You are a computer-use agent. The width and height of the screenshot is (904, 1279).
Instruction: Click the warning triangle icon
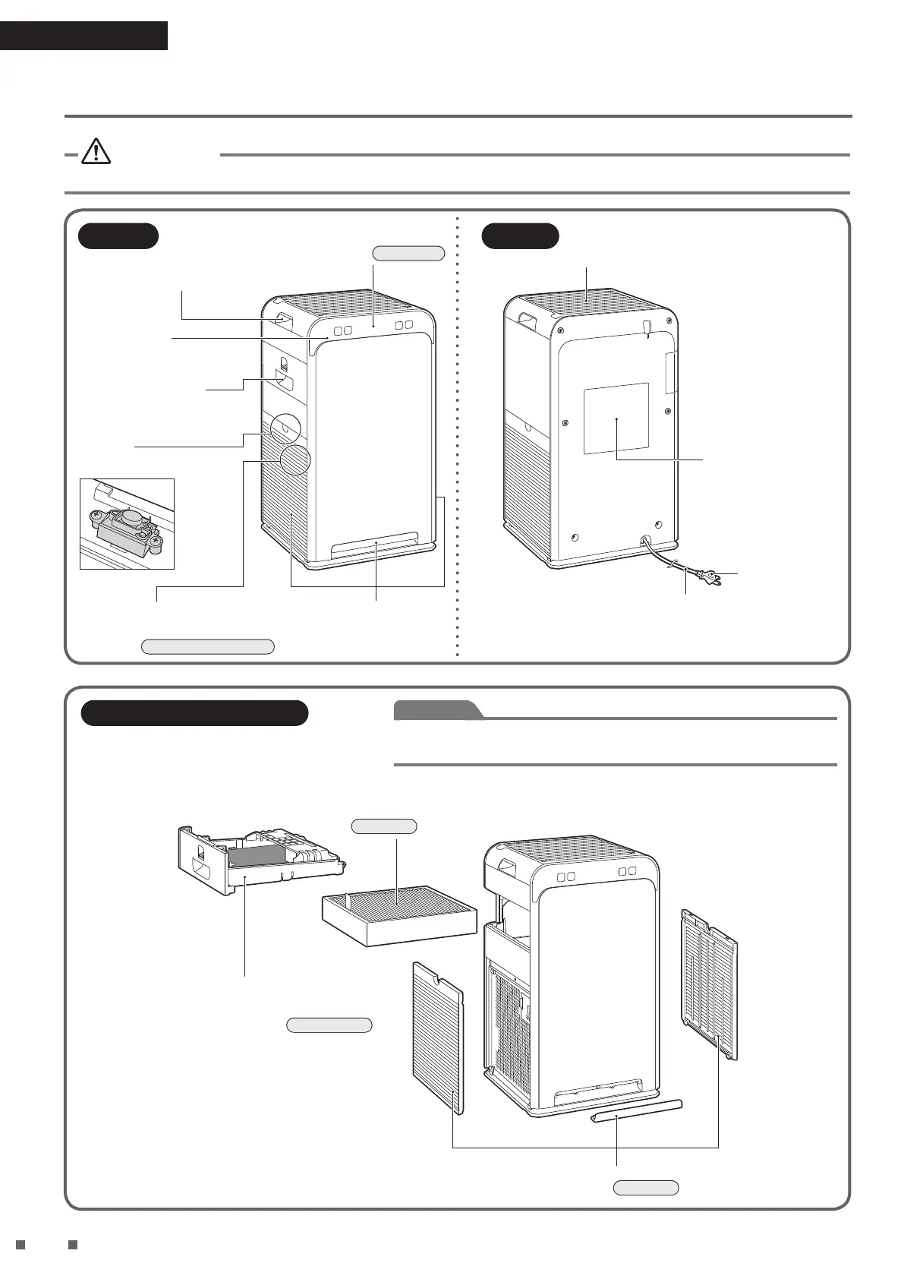[x=96, y=153]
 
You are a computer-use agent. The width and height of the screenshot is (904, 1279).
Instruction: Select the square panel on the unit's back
[x=616, y=418]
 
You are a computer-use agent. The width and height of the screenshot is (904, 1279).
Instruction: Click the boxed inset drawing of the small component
[x=128, y=524]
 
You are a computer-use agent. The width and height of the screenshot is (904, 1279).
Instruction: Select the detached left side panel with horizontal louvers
[x=437, y=1037]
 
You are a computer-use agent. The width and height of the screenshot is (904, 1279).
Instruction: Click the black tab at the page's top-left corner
[x=83, y=36]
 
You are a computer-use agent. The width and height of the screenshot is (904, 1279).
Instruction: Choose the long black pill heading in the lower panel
[x=194, y=713]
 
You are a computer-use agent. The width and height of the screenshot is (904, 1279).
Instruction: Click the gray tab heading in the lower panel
[x=438, y=710]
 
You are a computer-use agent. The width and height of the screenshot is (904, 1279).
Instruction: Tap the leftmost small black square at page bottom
[x=20, y=1245]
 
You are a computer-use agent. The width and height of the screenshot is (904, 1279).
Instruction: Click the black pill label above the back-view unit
[x=521, y=235]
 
